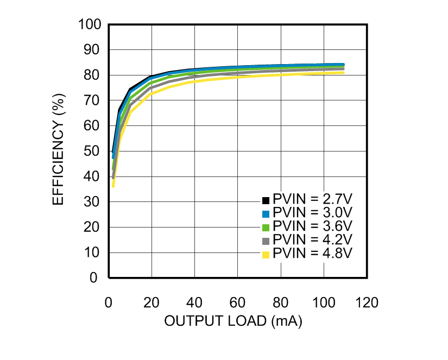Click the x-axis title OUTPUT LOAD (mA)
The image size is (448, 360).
(x=233, y=321)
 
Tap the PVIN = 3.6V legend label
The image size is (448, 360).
(x=313, y=226)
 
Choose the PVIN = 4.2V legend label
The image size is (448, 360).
(x=313, y=239)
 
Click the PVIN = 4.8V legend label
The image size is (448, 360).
(x=313, y=253)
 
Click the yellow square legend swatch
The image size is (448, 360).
(x=266, y=254)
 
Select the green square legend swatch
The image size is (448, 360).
(x=266, y=226)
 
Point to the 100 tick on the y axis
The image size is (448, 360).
(x=90, y=24)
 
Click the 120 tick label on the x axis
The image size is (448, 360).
(x=367, y=302)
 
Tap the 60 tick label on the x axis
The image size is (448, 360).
(x=237, y=302)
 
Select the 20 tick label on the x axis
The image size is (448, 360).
(x=152, y=302)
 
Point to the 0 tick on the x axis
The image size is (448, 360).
(x=109, y=302)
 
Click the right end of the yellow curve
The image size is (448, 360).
(x=343, y=72)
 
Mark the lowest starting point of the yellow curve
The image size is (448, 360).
(x=113, y=186)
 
